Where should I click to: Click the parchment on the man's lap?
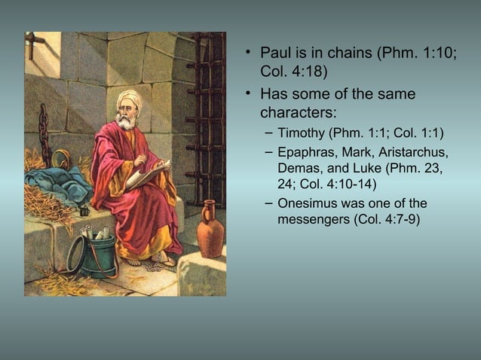(x=146, y=175)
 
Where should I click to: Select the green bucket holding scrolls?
(x=94, y=257)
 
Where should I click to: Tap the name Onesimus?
(x=308, y=203)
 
